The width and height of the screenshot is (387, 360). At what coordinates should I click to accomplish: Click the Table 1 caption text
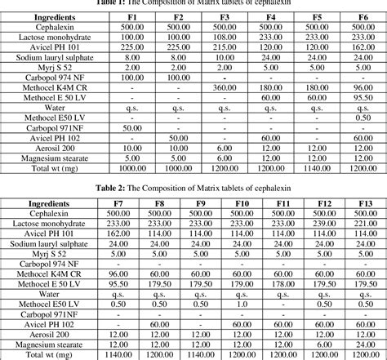point(193,3)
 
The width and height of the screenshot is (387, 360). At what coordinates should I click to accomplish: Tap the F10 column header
point(241,202)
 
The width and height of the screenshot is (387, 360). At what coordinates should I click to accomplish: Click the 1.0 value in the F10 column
point(241,304)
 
